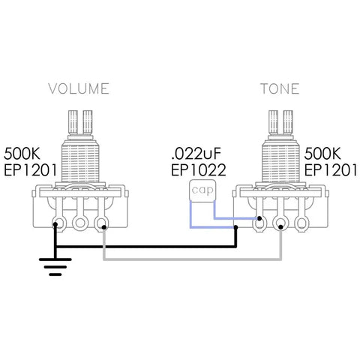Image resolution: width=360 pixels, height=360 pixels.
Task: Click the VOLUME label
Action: (x=79, y=88)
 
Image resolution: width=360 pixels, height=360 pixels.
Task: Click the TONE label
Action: (x=280, y=88)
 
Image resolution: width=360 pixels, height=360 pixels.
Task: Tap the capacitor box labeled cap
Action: (x=202, y=190)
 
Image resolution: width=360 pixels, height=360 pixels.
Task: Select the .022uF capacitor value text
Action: (x=196, y=154)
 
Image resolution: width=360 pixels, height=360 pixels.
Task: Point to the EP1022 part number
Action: (x=199, y=170)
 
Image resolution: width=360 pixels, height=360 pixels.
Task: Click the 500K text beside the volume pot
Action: (x=22, y=154)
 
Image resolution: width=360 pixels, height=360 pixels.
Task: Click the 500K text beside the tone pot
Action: (x=322, y=154)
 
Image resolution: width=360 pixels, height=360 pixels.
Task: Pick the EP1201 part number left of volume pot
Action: (x=31, y=170)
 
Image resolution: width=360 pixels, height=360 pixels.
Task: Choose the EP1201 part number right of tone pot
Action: (x=331, y=170)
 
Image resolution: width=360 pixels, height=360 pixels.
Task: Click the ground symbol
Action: (x=55, y=267)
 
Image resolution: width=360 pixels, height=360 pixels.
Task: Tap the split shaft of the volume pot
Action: (x=80, y=122)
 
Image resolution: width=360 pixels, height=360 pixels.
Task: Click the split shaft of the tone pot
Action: (x=280, y=122)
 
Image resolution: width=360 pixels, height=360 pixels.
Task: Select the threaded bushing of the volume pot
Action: (x=80, y=161)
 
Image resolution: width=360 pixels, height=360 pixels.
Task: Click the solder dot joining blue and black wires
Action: (x=235, y=227)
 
